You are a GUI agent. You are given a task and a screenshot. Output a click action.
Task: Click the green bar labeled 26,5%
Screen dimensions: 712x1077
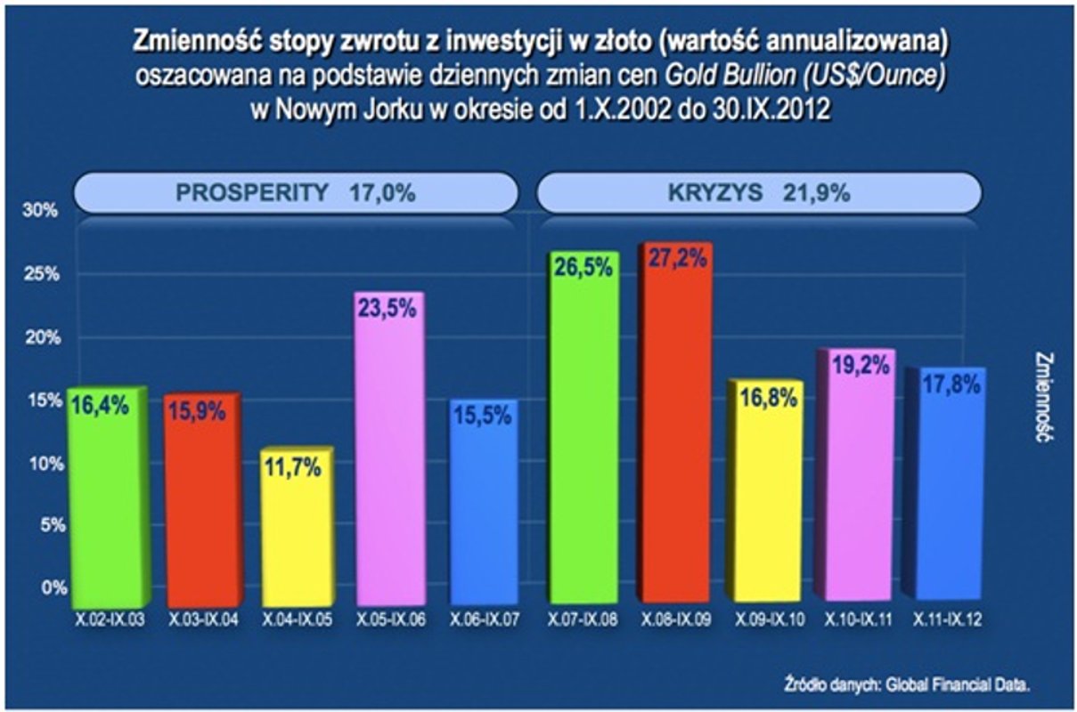click(583, 427)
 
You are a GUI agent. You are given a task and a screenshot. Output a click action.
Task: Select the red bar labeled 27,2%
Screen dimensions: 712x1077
click(676, 427)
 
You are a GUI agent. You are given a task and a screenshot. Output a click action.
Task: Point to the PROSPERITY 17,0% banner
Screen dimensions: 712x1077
click(295, 193)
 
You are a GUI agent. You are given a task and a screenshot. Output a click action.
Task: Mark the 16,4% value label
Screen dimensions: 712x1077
click(101, 406)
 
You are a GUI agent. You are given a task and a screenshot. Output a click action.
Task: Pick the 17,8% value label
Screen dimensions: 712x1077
click(950, 384)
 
